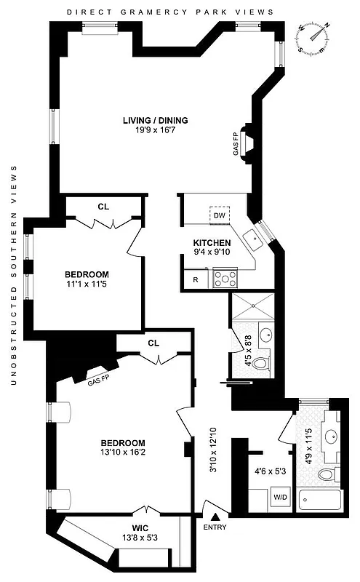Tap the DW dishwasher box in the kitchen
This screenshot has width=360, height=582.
[x=220, y=215]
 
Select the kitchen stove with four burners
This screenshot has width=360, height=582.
[x=225, y=279]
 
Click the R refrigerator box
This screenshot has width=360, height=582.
[x=196, y=279]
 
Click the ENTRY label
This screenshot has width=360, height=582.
[x=215, y=526]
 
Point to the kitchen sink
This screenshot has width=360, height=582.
[x=252, y=236]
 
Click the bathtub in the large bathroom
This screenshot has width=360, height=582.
[x=319, y=501]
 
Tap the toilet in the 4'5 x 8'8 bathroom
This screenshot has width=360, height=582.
[x=265, y=362]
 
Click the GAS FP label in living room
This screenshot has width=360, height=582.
[x=236, y=148]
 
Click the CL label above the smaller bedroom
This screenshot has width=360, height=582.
[x=103, y=207]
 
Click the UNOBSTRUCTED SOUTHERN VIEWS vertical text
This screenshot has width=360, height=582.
[x=13, y=270]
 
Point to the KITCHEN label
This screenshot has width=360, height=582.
[x=212, y=243]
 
